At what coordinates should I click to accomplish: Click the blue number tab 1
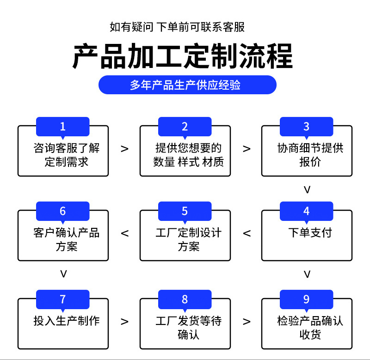tap(63, 127)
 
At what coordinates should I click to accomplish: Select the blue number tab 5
tap(185, 212)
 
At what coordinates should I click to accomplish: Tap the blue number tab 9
tap(306, 299)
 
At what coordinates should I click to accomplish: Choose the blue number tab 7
tap(63, 299)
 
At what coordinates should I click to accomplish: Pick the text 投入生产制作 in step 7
tap(67, 320)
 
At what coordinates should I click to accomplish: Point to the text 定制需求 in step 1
tap(67, 162)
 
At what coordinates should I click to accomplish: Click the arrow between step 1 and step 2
tap(124, 149)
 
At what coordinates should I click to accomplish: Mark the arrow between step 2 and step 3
tap(247, 149)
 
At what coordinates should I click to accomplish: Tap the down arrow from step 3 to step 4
tap(307, 190)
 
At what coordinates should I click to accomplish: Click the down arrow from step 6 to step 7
tap(64, 274)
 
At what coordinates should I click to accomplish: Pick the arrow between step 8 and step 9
tap(247, 321)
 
